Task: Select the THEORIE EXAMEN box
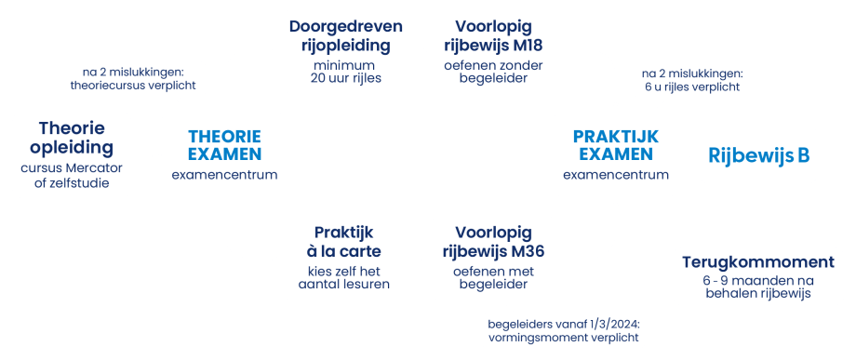[223, 153]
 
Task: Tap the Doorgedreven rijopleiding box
[345, 51]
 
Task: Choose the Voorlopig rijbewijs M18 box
[493, 51]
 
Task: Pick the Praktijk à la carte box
[345, 257]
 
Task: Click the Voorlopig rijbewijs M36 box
[493, 257]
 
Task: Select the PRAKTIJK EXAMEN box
[615, 153]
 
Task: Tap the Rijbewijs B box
[758, 155]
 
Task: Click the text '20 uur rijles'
[345, 77]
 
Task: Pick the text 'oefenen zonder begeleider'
[493, 72]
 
